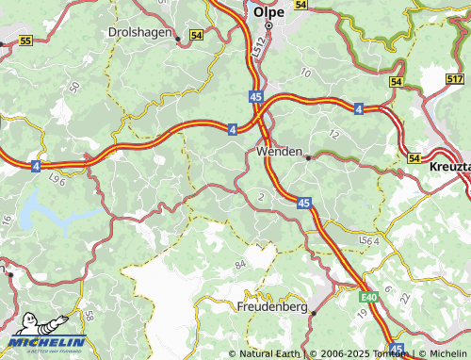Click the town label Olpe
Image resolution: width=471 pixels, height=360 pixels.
click(268, 13)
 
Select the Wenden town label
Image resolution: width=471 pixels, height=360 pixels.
click(279, 151)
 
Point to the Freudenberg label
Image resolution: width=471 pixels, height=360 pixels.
click(271, 306)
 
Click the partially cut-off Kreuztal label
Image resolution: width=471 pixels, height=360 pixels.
click(449, 165)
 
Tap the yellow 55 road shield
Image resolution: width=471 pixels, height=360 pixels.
click(25, 41)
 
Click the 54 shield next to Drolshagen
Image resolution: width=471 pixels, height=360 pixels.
click(196, 35)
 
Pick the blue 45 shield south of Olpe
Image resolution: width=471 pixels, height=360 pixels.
click(256, 96)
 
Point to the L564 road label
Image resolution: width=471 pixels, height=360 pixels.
click(369, 243)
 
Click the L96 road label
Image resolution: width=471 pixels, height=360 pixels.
click(57, 177)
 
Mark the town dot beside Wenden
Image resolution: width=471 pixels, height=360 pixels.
click(308, 157)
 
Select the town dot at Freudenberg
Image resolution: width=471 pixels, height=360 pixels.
click(314, 312)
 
